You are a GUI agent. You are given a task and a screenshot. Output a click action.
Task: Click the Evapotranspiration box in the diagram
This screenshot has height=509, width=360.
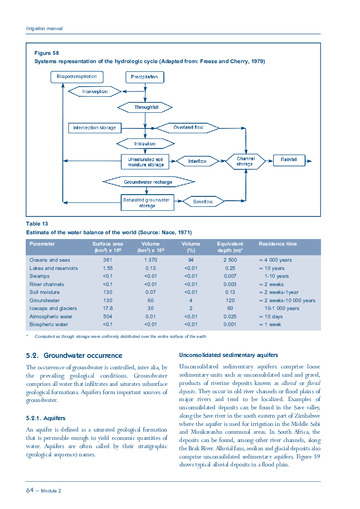[x=77, y=77]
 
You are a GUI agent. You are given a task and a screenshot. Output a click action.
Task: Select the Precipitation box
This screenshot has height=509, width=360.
[x=145, y=77]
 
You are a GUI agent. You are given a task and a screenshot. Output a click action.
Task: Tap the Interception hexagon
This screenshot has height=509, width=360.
[x=95, y=91]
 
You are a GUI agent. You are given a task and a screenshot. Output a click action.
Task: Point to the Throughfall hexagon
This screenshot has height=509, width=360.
[x=145, y=108]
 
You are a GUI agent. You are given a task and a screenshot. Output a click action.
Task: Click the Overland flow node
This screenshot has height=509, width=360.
[x=188, y=128]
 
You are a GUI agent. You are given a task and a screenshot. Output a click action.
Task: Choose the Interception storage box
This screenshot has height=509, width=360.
[x=95, y=128]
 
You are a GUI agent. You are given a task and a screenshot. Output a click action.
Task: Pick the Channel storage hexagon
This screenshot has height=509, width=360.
[x=246, y=162]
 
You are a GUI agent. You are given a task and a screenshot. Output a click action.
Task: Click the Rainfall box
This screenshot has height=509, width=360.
[x=289, y=160]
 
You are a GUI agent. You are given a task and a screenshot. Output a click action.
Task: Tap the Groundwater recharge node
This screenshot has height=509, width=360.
[x=149, y=182]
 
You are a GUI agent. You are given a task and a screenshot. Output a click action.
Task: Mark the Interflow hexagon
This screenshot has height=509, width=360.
[x=197, y=162]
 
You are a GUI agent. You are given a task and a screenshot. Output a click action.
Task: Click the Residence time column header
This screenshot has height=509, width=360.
[x=278, y=244]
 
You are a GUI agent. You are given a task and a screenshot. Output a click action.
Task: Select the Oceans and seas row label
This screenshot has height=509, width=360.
[x=50, y=260]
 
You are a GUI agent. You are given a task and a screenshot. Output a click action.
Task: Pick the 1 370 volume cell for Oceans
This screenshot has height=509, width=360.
[x=151, y=260]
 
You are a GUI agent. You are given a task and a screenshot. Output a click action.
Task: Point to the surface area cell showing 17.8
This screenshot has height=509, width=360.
[x=108, y=308]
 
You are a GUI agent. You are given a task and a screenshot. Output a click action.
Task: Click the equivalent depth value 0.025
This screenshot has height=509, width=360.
[x=230, y=317]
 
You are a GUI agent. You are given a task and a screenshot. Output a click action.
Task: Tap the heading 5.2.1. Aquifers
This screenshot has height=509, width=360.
[x=46, y=418]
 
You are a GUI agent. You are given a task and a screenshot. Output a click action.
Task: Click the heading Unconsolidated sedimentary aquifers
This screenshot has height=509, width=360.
[x=229, y=355]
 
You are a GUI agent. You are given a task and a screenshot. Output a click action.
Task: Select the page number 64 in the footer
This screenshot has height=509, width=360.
[x=30, y=490]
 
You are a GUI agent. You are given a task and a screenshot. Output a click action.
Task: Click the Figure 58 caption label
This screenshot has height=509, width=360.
[x=47, y=53]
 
